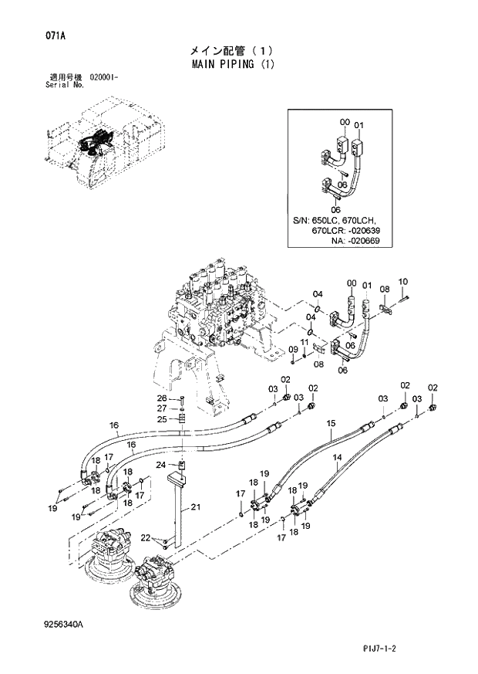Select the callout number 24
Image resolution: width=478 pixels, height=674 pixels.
[161, 465]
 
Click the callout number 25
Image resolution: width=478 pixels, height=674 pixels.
[161, 419]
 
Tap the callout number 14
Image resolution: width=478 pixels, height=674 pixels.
[336, 458]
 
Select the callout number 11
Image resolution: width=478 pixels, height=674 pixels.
[305, 342]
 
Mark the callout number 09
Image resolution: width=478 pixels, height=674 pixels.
[292, 351]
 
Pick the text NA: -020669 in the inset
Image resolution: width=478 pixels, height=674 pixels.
[361, 240]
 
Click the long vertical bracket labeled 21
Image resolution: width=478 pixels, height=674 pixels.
[178, 513]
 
